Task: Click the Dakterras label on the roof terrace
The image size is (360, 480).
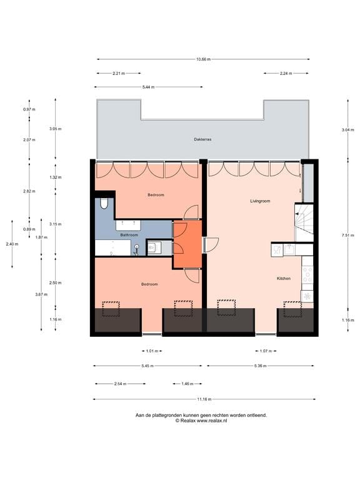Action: point(202,140)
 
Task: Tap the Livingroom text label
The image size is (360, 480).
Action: point(259,201)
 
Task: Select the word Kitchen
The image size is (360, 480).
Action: point(284,278)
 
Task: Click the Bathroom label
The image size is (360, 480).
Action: point(129,235)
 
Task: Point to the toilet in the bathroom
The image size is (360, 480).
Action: point(104,203)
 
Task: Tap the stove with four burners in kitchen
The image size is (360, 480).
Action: point(307,274)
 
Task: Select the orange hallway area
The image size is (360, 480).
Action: point(187,244)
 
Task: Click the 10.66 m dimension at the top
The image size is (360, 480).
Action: point(203,59)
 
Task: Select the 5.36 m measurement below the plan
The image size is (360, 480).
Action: point(257,366)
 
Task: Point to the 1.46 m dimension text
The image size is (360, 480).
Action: point(187,384)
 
